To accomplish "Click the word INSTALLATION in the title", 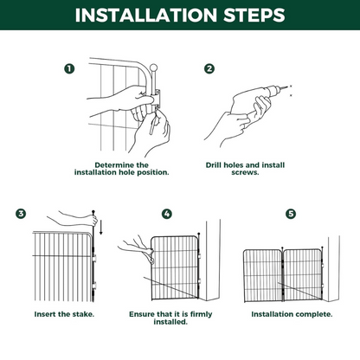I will [x=140, y=16].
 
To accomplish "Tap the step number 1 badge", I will [x=69, y=68].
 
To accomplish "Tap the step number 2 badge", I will [x=209, y=68].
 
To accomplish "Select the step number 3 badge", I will [x=21, y=213].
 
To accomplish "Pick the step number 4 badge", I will [x=167, y=213].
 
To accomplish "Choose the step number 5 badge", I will [x=291, y=213].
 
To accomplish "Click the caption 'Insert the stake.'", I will [x=64, y=312].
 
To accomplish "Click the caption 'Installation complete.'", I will [x=291, y=312].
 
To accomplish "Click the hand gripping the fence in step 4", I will [x=138, y=251].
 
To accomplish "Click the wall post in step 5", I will [x=334, y=260].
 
